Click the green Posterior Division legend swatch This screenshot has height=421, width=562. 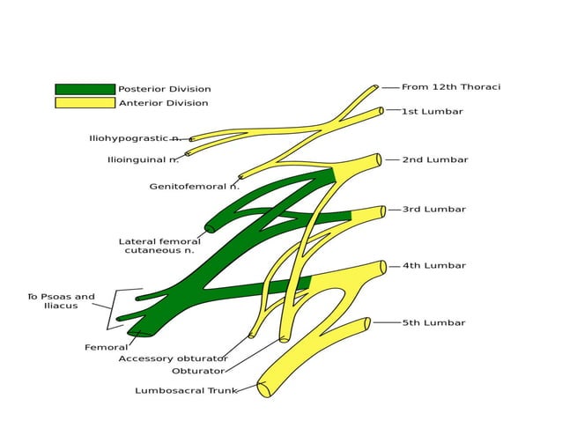point(85,89)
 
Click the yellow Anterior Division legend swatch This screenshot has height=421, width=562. point(85,103)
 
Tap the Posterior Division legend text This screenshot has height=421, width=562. point(165,89)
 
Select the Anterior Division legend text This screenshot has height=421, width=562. point(163,103)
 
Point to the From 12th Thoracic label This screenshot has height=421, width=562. point(450,87)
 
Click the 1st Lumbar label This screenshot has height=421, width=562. point(433,112)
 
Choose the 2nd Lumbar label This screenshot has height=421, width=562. point(435,160)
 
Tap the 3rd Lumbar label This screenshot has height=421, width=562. point(434,210)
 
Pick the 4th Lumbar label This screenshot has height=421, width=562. point(434,265)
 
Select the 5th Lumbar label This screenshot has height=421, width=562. point(434,323)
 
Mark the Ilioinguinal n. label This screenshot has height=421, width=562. point(143,160)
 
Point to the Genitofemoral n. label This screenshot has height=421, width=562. point(194,187)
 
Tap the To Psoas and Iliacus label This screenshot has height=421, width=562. point(61,301)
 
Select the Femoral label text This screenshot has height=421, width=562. point(106,348)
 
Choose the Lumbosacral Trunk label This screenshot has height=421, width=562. point(185,390)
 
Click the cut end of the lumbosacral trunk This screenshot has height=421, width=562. point(263,389)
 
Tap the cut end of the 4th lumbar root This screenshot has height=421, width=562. point(383,267)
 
